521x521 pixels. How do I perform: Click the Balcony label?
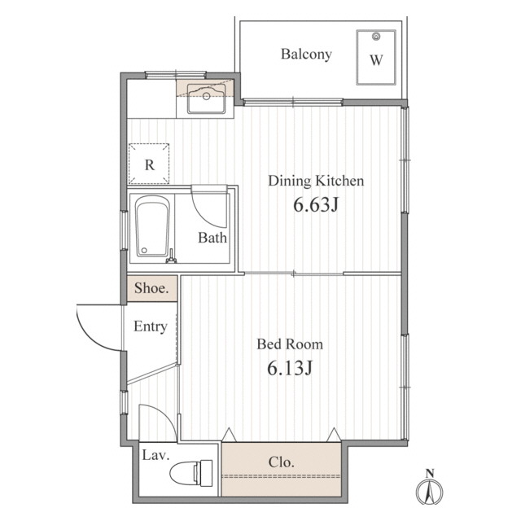306,55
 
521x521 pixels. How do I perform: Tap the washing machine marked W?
376,57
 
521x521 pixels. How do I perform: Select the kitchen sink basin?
206,99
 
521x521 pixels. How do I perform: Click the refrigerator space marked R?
149,164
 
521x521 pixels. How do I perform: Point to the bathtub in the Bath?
152,226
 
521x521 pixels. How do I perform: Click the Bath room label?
212,238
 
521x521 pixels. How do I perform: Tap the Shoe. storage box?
152,288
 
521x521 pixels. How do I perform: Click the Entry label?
150,326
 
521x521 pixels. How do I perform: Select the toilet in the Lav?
190,473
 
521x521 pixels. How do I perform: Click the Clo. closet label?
281,462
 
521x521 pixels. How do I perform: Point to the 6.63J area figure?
316,204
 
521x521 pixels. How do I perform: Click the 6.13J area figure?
290,368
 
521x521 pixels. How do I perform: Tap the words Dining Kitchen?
316,181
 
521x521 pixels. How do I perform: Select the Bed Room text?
290,344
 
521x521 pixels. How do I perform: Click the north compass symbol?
430,488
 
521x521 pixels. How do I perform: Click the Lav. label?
155,455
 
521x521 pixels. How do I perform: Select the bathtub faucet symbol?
171,257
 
